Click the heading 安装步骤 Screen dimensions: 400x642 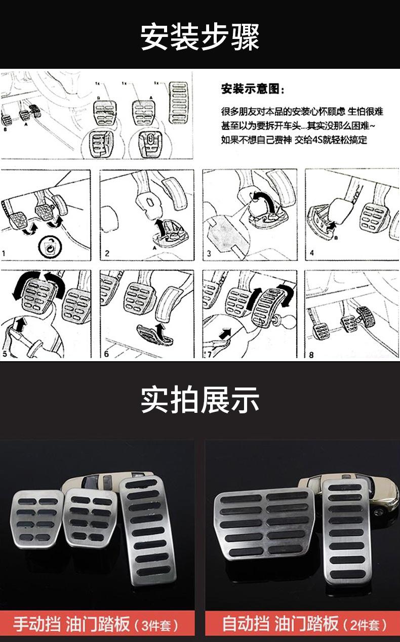(200, 37)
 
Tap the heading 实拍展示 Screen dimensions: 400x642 (200, 400)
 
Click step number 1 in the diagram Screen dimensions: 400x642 (4, 253)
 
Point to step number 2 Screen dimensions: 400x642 (107, 253)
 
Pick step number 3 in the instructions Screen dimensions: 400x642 (209, 253)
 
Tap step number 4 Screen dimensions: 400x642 (312, 253)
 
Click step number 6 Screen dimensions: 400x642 (106, 354)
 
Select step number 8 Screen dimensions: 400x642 (311, 355)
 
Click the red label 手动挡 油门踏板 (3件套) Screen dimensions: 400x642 (95, 624)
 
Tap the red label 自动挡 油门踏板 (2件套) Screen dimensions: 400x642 (304, 624)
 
